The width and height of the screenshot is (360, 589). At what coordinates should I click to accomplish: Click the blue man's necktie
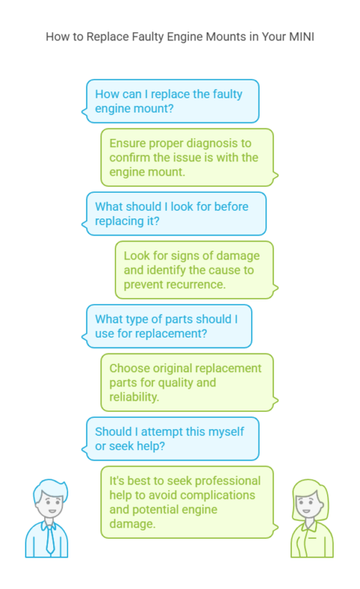49,538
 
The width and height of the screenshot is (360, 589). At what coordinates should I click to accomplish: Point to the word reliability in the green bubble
133,397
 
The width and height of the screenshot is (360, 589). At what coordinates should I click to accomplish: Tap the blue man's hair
51,489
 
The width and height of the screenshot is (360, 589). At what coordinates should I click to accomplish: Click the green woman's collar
310,526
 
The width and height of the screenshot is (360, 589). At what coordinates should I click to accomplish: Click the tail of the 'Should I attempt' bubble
84,449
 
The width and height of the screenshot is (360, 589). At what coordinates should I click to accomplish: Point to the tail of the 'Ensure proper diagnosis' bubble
276,175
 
